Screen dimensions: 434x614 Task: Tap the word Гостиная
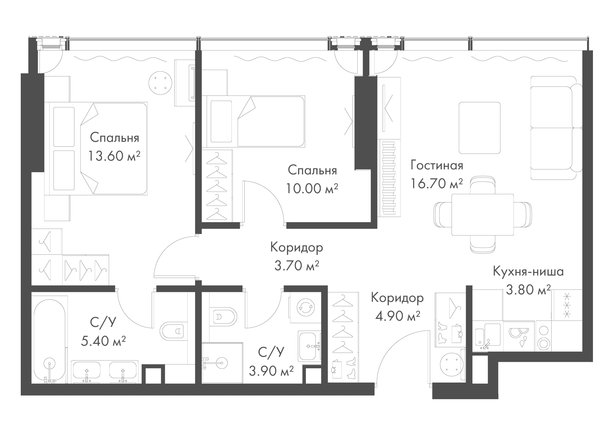437,166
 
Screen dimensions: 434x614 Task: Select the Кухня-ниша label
528,272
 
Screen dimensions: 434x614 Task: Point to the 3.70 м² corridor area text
296,266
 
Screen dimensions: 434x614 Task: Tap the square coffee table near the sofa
480,128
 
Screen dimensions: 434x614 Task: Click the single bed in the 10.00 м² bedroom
256,121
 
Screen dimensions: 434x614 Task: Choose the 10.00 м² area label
312,189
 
